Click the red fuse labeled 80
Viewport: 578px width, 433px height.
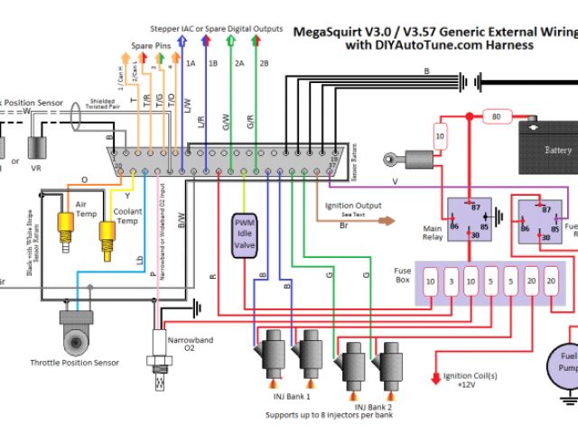tap(494, 116)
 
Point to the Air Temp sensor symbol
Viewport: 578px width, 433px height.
tap(66, 225)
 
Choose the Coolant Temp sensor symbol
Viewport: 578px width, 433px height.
tap(107, 236)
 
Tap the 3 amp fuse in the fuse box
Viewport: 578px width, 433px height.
tap(451, 282)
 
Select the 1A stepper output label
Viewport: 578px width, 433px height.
tap(191, 64)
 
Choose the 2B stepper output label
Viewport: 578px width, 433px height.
tap(263, 64)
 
